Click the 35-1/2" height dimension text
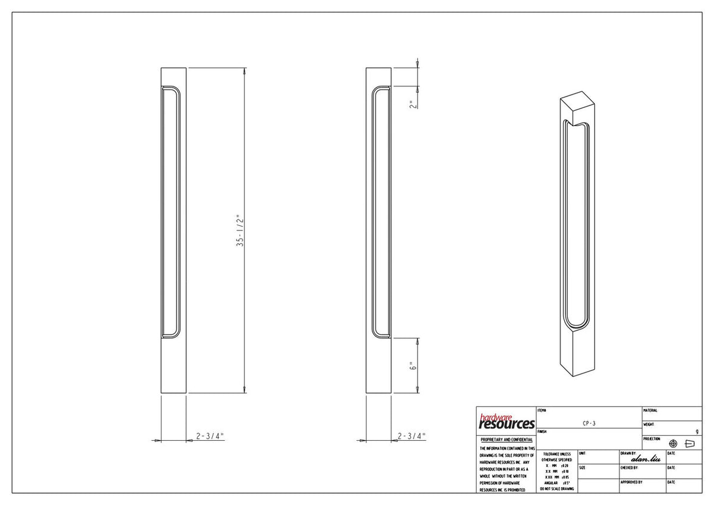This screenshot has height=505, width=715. [240, 230]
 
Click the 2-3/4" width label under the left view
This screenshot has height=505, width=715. [210, 436]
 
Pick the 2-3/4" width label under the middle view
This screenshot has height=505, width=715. [412, 436]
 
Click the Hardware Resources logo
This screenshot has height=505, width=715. [506, 422]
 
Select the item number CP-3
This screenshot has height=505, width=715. [589, 423]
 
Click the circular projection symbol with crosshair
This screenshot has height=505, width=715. [673, 444]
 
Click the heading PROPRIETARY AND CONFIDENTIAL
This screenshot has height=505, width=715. [506, 439]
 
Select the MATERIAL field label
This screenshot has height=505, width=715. [651, 410]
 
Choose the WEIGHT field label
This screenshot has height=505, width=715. [649, 425]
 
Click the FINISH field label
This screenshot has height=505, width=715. [542, 431]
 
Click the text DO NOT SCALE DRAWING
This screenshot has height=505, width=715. [557, 489]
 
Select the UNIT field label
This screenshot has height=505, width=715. [582, 453]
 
